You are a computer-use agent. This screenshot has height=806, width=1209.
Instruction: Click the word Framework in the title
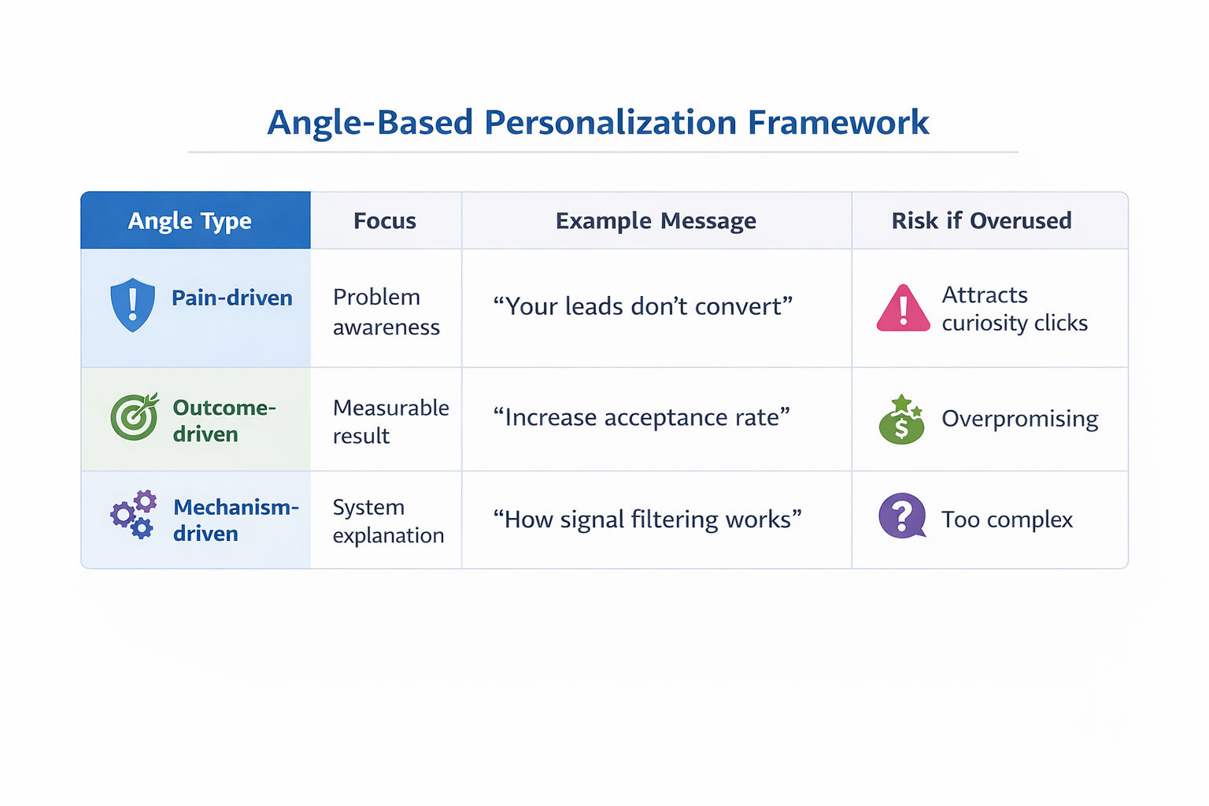pyautogui.click(x=837, y=123)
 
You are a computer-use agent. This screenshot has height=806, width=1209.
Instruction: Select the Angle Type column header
pyautogui.click(x=190, y=221)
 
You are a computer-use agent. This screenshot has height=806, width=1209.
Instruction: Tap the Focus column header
pyautogui.click(x=384, y=221)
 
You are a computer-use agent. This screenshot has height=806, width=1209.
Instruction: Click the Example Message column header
pyautogui.click(x=656, y=221)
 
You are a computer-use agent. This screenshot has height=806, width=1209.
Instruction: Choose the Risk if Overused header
pyautogui.click(x=981, y=221)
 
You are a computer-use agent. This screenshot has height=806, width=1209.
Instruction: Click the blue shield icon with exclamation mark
pyautogui.click(x=132, y=305)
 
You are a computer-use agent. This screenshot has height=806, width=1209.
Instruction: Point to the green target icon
pyautogui.click(x=134, y=416)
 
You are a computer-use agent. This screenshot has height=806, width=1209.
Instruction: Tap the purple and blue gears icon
pyautogui.click(x=133, y=515)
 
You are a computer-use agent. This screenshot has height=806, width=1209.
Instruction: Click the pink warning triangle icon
pyautogui.click(x=903, y=309)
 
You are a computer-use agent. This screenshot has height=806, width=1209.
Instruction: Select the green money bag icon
pyautogui.click(x=901, y=420)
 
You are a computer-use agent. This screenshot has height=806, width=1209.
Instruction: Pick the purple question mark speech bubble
pyautogui.click(x=902, y=516)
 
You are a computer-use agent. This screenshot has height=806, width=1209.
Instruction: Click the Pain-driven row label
pyautogui.click(x=232, y=298)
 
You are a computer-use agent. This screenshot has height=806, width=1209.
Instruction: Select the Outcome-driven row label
pyautogui.click(x=224, y=421)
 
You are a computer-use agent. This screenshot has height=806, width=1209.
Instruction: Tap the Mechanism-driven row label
pyautogui.click(x=235, y=520)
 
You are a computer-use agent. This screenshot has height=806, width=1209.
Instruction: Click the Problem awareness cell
pyautogui.click(x=386, y=312)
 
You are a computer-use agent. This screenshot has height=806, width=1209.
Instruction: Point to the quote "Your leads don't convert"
pyautogui.click(x=642, y=306)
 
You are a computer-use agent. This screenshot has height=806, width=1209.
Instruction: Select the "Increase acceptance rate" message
pyautogui.click(x=641, y=417)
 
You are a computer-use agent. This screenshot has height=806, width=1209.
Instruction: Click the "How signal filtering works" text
pyautogui.click(x=647, y=519)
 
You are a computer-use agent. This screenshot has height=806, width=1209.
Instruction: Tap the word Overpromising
pyautogui.click(x=1019, y=419)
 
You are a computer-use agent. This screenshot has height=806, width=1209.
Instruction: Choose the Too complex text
pyautogui.click(x=1007, y=519)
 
